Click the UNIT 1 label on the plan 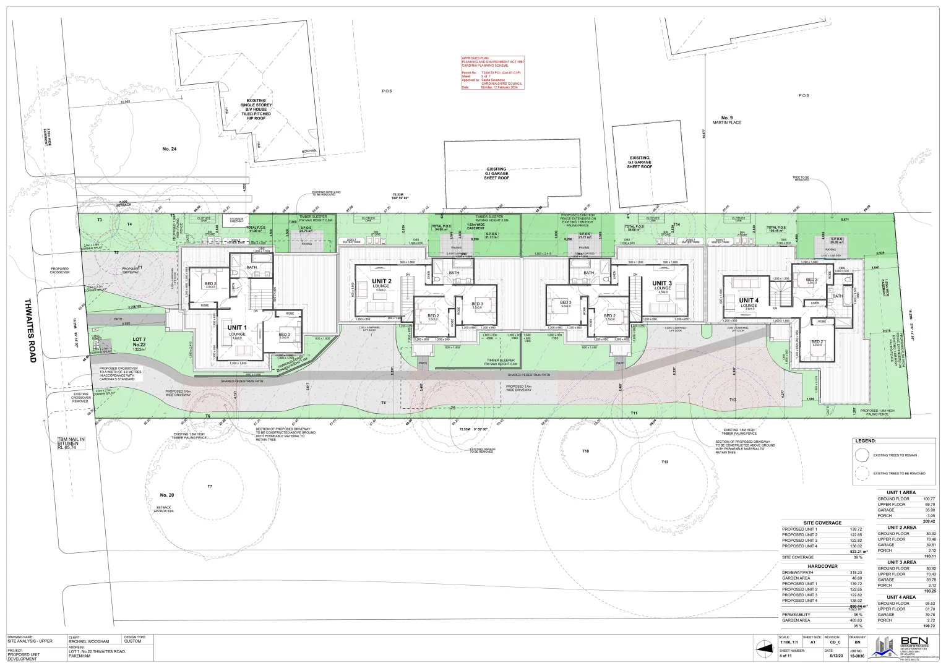click(237, 328)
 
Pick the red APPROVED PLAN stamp click(492, 72)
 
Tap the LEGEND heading click(865, 441)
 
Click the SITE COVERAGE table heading click(822, 523)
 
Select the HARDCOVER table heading click(822, 566)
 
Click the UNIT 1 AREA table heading click(897, 492)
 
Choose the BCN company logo click(904, 646)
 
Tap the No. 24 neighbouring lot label click(170, 148)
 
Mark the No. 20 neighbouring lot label click(167, 495)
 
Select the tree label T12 click(664, 462)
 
